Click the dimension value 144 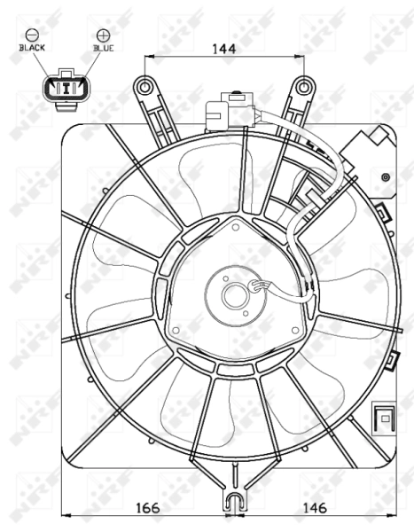(x=223, y=50)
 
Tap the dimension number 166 (x=147, y=507)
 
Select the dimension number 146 (x=316, y=507)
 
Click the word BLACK (x=33, y=48)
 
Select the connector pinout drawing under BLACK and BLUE (x=65, y=88)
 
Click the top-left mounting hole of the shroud (x=145, y=86)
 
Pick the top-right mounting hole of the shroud (x=304, y=86)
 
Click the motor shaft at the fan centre (x=233, y=297)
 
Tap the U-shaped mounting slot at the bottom (x=233, y=502)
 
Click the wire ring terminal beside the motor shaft (x=259, y=286)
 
